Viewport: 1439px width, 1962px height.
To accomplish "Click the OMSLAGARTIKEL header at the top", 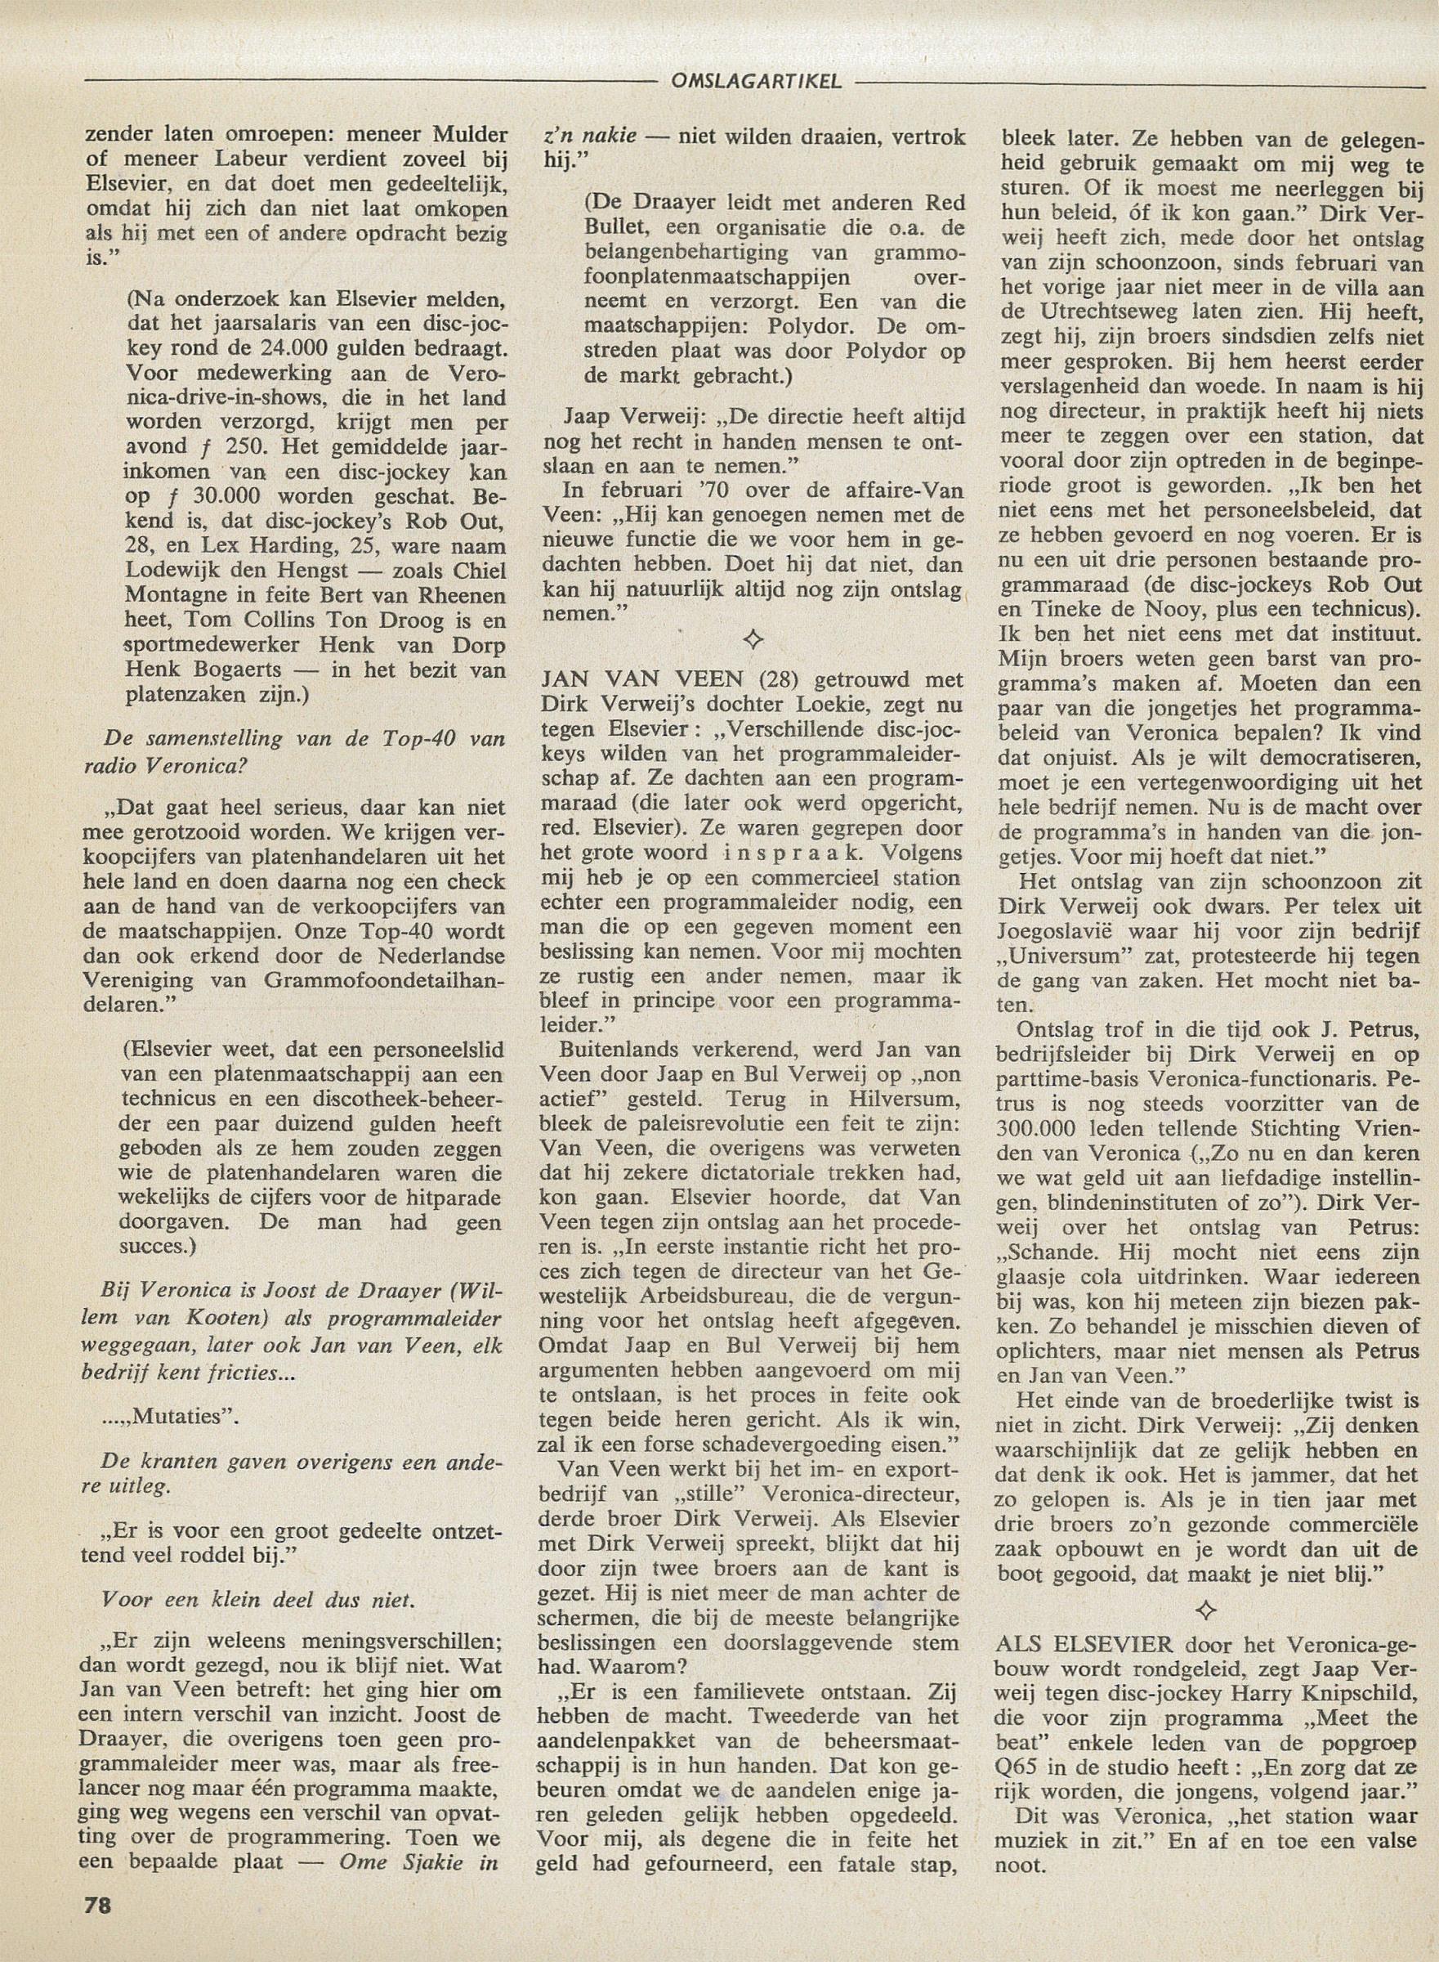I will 756,81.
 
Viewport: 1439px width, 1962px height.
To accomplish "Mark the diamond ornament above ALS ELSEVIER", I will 1213,1609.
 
